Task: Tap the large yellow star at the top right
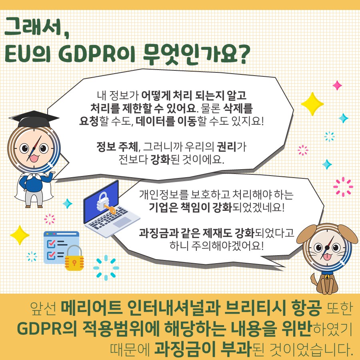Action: (312, 104)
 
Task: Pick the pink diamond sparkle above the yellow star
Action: (337, 86)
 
